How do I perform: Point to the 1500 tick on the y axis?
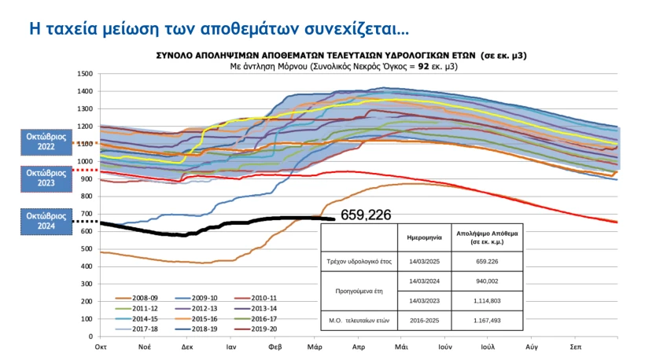tap(85, 74)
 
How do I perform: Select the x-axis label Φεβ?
tap(275, 346)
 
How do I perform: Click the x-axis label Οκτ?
tap(101, 346)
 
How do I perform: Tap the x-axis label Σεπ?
tap(577, 346)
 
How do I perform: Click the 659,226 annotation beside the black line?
tap(365, 214)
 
